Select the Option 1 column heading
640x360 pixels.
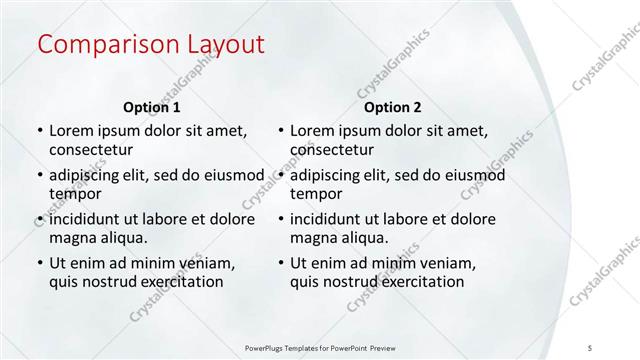click(x=151, y=107)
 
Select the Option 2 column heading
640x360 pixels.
click(x=393, y=107)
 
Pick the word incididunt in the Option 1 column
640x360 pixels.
click(x=89, y=219)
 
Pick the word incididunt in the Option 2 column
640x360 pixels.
click(x=331, y=219)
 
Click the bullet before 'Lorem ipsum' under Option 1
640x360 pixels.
click(x=39, y=131)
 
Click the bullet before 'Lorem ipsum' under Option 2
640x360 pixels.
click(x=281, y=131)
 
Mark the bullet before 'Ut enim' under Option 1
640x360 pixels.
click(x=39, y=263)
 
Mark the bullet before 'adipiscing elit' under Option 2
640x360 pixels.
click(x=281, y=175)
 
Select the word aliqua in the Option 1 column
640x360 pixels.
click(x=123, y=238)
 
